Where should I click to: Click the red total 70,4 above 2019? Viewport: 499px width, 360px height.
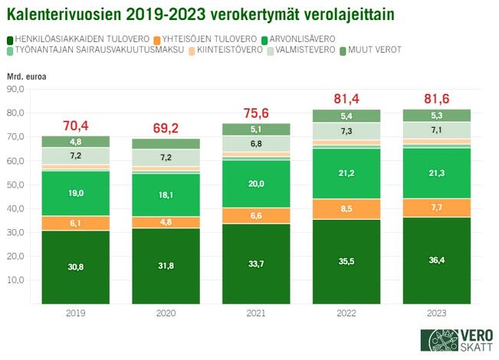(76, 126)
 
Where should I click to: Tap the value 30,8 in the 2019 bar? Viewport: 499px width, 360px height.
(76, 266)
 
